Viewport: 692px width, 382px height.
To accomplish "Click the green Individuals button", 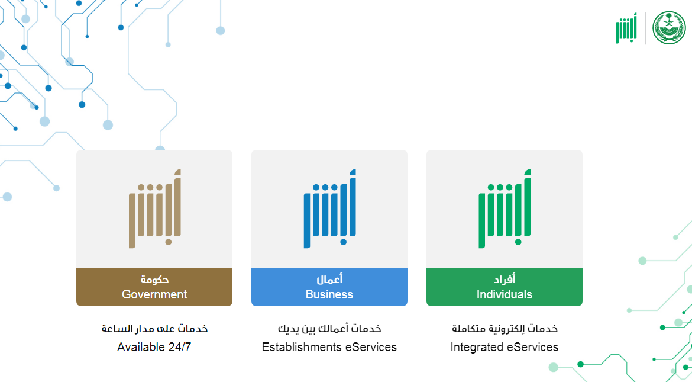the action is tap(504, 287).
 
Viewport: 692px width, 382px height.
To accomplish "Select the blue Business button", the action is tap(329, 287).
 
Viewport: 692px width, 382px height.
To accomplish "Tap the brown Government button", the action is tap(154, 287).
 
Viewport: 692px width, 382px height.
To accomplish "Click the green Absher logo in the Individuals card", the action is tap(505, 208).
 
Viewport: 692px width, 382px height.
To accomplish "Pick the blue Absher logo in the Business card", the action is tap(329, 208).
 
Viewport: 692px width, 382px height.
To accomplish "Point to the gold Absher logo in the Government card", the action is tap(154, 208).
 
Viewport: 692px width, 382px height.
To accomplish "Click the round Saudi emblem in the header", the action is tap(669, 28).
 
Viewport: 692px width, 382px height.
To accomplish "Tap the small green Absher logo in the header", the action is tap(626, 28).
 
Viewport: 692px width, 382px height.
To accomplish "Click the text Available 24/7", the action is tap(154, 347).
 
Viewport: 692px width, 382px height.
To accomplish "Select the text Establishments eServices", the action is tap(329, 347).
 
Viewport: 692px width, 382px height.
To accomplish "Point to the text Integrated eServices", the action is tap(505, 347).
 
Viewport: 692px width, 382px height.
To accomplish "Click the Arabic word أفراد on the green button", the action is tap(505, 279).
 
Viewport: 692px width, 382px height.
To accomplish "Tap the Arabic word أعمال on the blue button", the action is tap(329, 279).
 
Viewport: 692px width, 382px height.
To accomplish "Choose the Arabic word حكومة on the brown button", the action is tap(154, 280).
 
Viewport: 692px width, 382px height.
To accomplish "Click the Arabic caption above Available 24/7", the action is tap(154, 329).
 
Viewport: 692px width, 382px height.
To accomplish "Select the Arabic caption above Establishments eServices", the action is tap(329, 329).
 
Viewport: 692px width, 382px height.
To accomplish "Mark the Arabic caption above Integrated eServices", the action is tap(505, 329).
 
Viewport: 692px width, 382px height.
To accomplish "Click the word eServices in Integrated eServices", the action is tap(533, 347).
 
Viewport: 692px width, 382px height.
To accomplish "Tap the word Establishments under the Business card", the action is tap(302, 347).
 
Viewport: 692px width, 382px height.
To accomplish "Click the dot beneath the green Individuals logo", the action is tap(518, 242).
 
